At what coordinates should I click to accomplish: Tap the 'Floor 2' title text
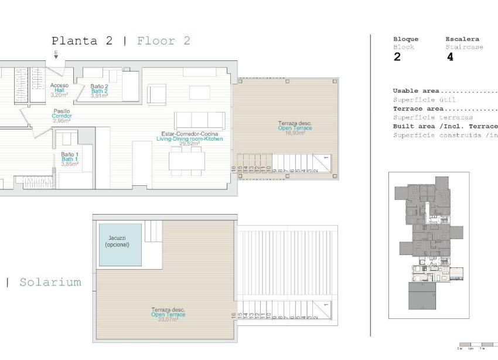point(163,41)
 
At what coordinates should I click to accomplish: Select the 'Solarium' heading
point(50,282)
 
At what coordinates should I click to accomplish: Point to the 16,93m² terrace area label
point(295,133)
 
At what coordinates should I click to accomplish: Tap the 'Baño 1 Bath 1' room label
point(70,159)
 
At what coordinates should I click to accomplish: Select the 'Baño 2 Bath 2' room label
point(99,91)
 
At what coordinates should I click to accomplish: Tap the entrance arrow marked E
point(56,55)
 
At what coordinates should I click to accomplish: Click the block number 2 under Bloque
point(397,57)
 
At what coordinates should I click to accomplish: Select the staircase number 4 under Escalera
point(449,57)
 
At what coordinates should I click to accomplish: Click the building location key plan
point(428,245)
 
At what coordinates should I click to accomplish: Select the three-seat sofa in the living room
point(200,120)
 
